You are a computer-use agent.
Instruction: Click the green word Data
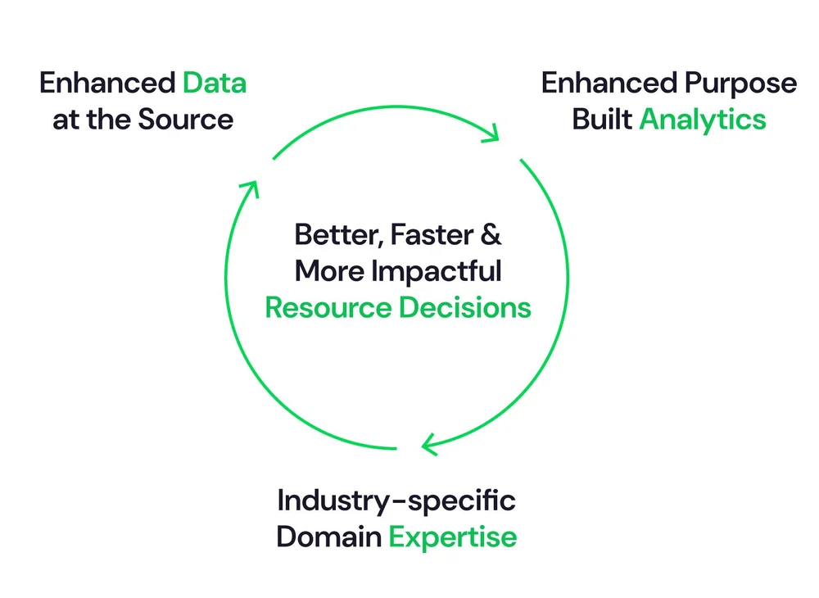point(215,84)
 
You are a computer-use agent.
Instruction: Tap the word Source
point(185,120)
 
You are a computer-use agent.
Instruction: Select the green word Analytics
point(703,120)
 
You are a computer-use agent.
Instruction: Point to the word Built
point(602,120)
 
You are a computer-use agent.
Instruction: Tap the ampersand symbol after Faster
point(490,235)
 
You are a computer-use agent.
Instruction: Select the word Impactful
point(436,271)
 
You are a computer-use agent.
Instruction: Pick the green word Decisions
point(465,307)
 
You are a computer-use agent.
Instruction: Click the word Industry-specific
point(396,501)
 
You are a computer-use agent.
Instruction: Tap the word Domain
point(328,537)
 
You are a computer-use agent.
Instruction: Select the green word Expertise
point(453,537)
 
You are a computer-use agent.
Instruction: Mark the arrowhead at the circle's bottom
point(430,445)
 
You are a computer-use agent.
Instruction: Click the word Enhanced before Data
point(106,84)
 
